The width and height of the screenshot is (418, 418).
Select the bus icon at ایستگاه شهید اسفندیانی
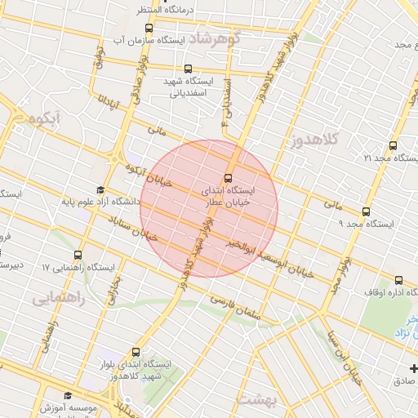[189, 69]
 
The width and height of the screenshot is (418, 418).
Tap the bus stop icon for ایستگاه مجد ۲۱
[394, 145]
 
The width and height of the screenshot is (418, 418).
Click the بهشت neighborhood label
[258, 400]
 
